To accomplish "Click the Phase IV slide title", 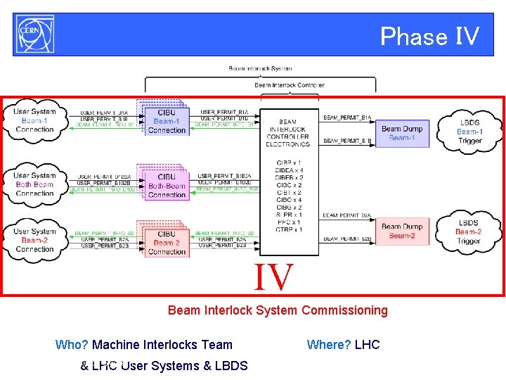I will (429, 36).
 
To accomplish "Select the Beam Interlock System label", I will (260, 68).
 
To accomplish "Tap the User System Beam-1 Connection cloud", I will (34, 120).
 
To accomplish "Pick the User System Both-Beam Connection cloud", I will (34, 184).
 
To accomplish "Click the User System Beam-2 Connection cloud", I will (34, 240).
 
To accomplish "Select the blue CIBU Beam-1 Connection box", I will (167, 122).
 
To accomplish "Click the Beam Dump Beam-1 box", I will (402, 133).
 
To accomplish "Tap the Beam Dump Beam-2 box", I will (402, 231).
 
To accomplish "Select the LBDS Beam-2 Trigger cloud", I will (468, 232).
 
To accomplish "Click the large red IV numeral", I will (273, 277).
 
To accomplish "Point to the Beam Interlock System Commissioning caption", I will (278, 310).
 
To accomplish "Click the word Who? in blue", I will (72, 345).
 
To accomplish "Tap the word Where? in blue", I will (329, 345).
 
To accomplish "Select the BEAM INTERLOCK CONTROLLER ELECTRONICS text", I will (287, 133).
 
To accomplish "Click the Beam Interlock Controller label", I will (289, 85).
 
